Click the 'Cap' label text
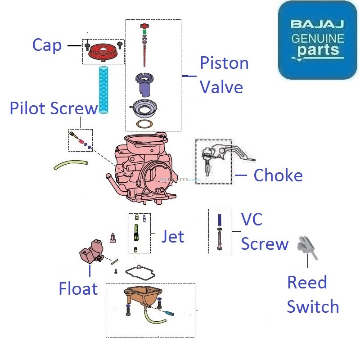[47, 45]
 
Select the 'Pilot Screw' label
[53, 108]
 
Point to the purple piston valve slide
[145, 85]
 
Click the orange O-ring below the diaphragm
[145, 123]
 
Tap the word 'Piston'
[224, 63]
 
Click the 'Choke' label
[278, 175]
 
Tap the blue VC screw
[220, 221]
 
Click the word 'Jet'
[173, 236]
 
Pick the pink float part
[90, 252]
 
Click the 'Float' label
[78, 288]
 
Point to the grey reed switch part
[308, 247]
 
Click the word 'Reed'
[307, 283]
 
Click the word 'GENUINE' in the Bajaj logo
[318, 38]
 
